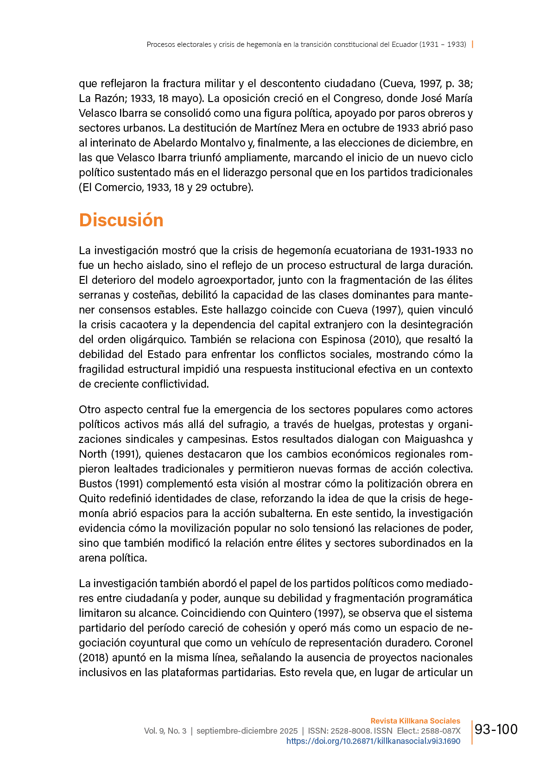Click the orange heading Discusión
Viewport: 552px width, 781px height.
click(x=121, y=220)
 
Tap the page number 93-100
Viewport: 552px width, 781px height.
click(x=496, y=730)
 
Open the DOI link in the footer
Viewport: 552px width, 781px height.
click(x=373, y=741)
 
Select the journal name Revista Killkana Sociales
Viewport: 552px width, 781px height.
click(x=415, y=721)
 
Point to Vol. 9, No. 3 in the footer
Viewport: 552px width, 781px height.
click(x=165, y=731)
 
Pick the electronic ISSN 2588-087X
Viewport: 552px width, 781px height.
click(x=441, y=731)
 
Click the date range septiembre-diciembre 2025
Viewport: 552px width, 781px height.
click(x=247, y=731)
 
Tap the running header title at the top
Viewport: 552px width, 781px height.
click(x=306, y=45)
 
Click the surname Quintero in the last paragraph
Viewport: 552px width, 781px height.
click(x=290, y=613)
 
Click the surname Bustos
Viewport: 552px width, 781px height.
click(x=95, y=484)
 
